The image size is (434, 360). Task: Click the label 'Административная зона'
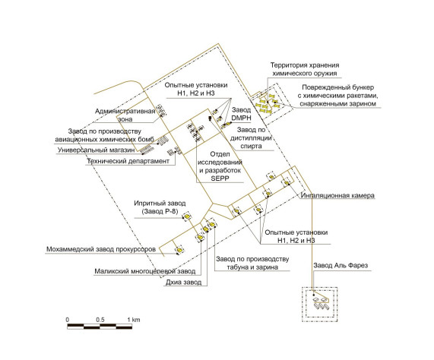click(x=125, y=115)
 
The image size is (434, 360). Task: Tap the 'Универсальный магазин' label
click(x=96, y=150)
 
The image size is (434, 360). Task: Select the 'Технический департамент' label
click(x=128, y=161)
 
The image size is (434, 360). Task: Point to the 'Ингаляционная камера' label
click(x=337, y=195)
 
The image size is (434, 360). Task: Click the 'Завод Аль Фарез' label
click(x=341, y=265)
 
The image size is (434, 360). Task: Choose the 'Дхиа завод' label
click(x=183, y=283)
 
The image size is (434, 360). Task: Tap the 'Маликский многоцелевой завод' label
click(x=145, y=271)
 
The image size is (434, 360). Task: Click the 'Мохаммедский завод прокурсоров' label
click(x=101, y=249)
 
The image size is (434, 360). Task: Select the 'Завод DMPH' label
click(x=241, y=114)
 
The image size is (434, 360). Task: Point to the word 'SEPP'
click(x=220, y=178)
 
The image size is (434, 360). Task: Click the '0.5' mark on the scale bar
click(x=100, y=320)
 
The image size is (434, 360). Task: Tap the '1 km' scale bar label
click(x=134, y=320)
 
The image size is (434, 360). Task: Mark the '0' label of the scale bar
click(x=68, y=320)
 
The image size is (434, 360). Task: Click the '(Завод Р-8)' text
click(x=160, y=211)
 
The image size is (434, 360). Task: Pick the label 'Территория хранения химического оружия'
click(x=305, y=69)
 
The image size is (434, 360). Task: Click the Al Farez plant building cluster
click(x=321, y=303)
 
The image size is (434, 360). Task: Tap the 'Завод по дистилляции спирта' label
click(x=251, y=137)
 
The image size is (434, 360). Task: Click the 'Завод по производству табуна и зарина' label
click(x=252, y=263)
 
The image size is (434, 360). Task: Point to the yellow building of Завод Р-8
click(x=188, y=216)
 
